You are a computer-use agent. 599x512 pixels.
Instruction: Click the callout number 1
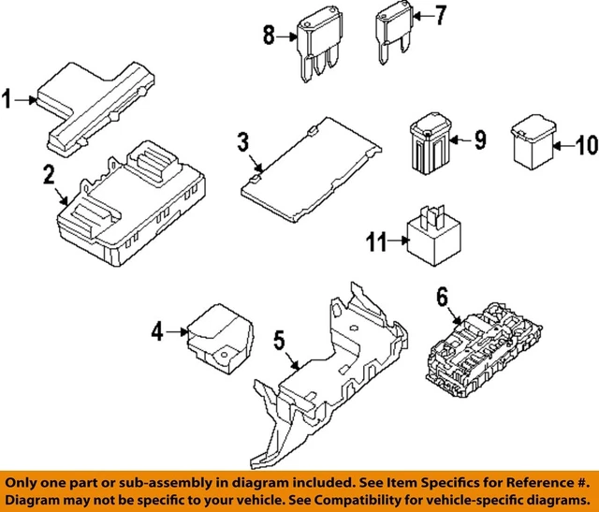[8, 98]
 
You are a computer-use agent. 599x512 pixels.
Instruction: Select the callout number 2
[47, 174]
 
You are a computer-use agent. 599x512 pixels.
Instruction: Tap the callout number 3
[242, 143]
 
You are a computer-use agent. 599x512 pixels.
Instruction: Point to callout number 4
[157, 330]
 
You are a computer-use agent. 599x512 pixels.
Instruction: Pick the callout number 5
[279, 341]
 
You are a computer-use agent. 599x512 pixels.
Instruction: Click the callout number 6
[443, 298]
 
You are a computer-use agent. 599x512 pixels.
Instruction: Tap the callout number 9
[480, 140]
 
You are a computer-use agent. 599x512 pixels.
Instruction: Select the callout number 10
[585, 144]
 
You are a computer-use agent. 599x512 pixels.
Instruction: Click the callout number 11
[375, 242]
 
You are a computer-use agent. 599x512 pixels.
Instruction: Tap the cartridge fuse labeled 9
[430, 139]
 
